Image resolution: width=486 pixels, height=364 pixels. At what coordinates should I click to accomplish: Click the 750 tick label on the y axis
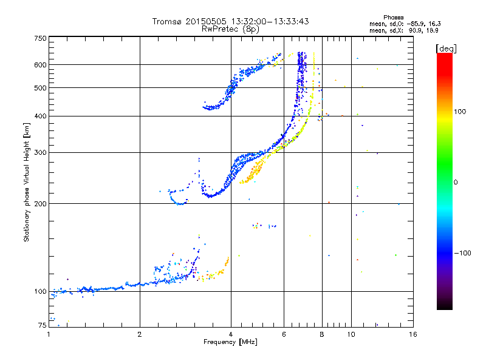tap(40, 38)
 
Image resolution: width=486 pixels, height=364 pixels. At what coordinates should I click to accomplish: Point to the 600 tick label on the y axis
tap(40, 64)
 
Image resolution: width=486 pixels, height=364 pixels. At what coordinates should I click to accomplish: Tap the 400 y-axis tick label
tap(40, 116)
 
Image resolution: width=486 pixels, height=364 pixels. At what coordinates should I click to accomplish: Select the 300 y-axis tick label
tap(40, 152)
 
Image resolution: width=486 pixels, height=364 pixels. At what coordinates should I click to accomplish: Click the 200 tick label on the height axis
tap(40, 203)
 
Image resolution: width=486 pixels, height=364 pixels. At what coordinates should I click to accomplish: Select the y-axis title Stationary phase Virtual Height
tap(27, 182)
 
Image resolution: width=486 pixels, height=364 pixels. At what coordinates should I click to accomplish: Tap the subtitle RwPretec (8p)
tap(230, 29)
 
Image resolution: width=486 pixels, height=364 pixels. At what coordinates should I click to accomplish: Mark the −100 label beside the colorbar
tap(463, 252)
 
